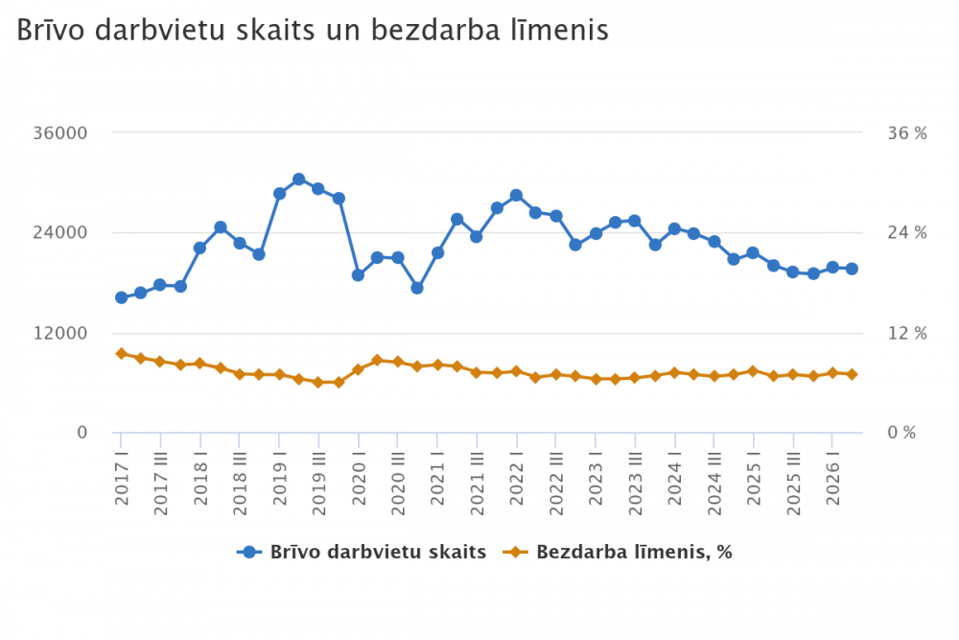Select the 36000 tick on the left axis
59,132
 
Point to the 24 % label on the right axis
907,232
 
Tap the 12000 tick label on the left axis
59,333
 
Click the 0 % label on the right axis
901,433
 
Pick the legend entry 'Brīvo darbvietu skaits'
362,552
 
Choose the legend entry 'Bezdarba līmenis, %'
617,552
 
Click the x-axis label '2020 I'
359,483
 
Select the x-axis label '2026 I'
833,483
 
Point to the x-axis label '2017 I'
122,483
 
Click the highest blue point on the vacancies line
299,179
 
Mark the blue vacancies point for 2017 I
121,297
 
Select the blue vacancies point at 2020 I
359,275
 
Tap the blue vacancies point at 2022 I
516,195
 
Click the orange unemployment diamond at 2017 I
121,354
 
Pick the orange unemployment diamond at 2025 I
753,371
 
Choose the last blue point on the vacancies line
852,269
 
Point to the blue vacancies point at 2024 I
674,228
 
